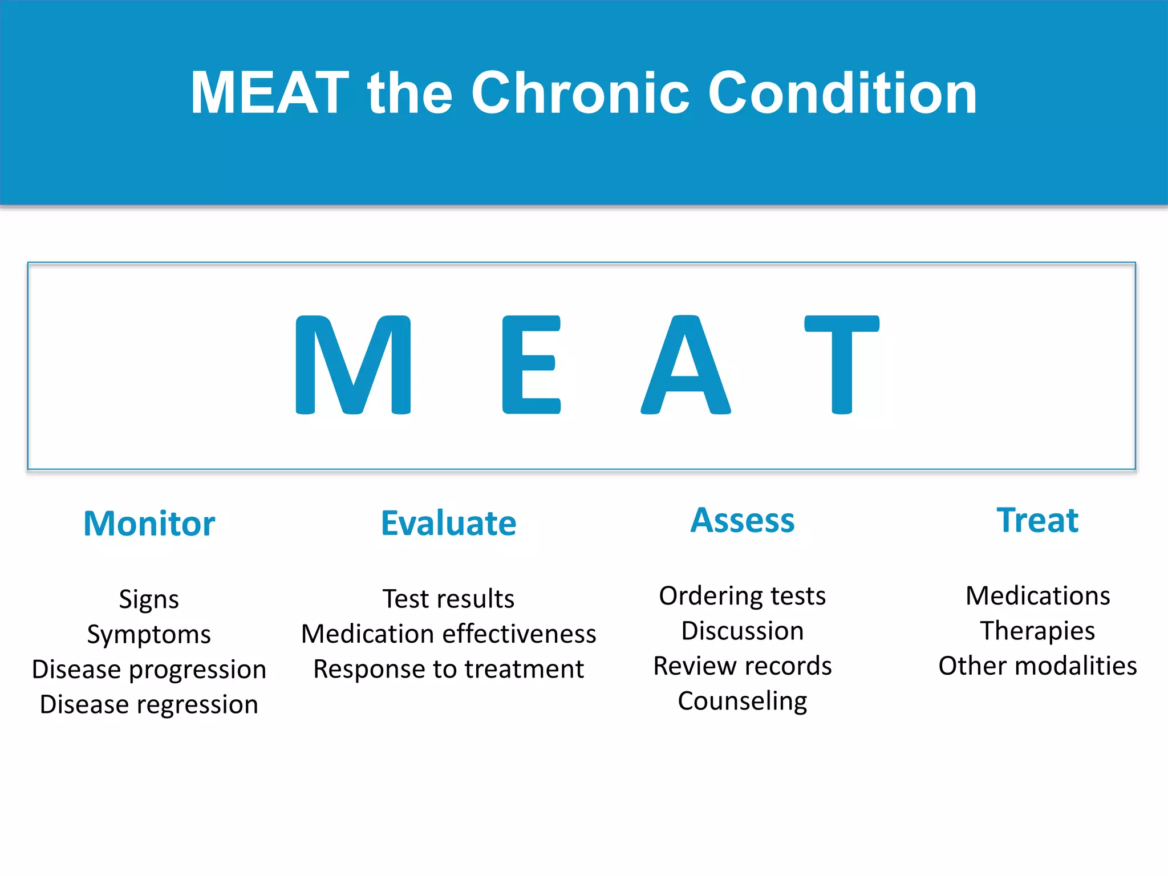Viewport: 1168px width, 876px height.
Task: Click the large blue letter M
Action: click(353, 365)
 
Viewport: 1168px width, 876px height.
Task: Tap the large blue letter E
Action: click(530, 365)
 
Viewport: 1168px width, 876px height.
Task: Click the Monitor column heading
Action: click(149, 524)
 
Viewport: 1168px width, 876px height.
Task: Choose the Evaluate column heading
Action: click(448, 524)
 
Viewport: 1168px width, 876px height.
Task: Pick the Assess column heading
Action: click(742, 520)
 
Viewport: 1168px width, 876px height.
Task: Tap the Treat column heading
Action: click(1037, 520)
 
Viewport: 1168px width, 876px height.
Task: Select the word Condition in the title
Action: click(842, 93)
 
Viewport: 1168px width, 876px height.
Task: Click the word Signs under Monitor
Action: click(149, 599)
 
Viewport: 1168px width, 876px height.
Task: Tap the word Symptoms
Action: click(149, 635)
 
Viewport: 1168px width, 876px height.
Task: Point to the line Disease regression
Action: click(149, 704)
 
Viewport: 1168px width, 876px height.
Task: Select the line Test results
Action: click(448, 599)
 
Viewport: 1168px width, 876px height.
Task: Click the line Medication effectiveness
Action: click(448, 634)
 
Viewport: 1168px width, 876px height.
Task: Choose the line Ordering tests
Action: click(742, 596)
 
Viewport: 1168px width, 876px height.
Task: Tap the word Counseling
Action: click(742, 701)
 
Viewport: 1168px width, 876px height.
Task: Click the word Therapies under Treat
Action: click(1037, 631)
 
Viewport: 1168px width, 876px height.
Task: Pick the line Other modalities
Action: click(1037, 666)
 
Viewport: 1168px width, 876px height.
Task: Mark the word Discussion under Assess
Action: click(742, 631)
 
